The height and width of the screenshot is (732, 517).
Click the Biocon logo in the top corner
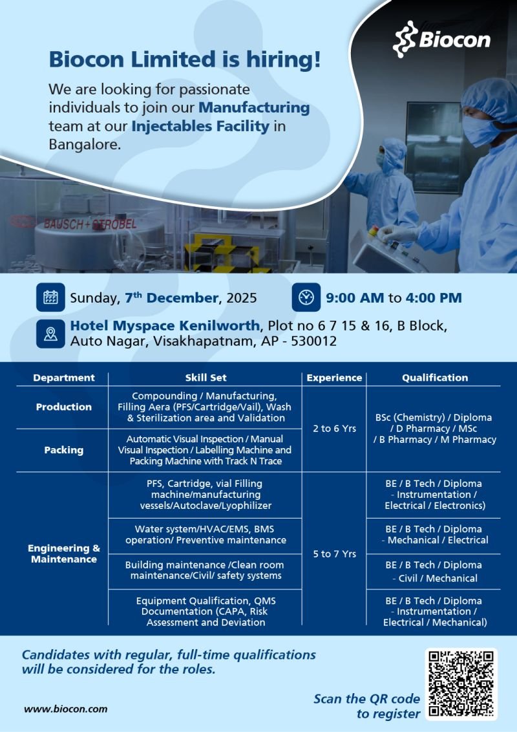tap(442, 39)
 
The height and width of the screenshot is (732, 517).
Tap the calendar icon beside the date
tap(50, 297)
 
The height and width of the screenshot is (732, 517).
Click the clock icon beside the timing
tap(306, 297)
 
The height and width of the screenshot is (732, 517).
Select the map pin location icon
tap(50, 334)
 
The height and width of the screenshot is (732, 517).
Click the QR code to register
tap(461, 684)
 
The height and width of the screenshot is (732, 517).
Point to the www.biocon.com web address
tap(66, 708)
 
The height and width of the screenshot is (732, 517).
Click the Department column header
tap(64, 378)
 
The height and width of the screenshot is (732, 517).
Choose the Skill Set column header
tap(206, 378)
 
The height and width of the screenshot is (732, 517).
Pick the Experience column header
tap(334, 378)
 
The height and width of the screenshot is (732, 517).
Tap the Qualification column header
tap(435, 378)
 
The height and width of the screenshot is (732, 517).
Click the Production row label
tap(64, 407)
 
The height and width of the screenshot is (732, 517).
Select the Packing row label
tap(64, 450)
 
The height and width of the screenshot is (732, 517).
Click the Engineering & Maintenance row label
tap(64, 554)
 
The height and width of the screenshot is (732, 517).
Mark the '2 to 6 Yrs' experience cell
tap(334, 428)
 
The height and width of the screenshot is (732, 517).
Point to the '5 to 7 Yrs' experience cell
tap(334, 554)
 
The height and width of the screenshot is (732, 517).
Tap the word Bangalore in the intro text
tap(85, 144)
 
